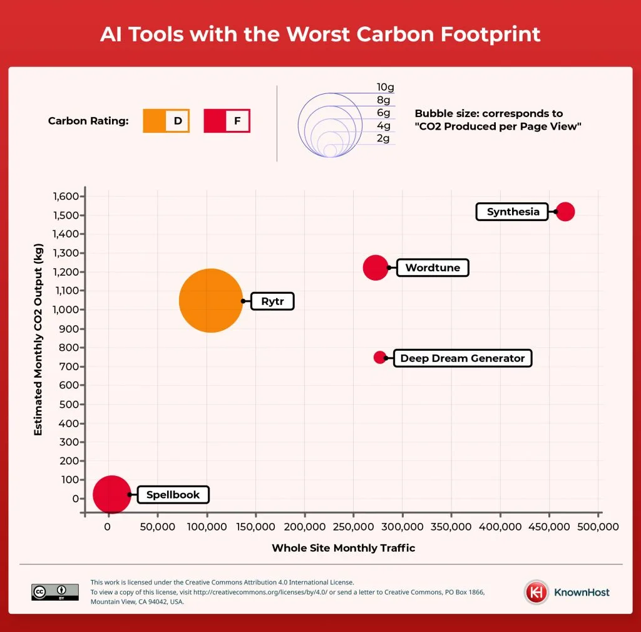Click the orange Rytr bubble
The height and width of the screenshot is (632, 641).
(210, 301)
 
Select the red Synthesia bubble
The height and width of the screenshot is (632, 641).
(565, 212)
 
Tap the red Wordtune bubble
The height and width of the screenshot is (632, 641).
(375, 267)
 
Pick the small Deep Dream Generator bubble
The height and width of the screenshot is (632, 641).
(380, 357)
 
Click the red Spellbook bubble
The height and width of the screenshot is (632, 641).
(112, 494)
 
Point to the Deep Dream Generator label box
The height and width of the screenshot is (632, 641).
(462, 358)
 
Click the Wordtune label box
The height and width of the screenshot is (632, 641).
(433, 268)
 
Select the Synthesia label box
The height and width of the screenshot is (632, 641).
(513, 212)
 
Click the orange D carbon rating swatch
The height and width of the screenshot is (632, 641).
(166, 121)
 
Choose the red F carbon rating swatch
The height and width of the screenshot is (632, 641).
(227, 121)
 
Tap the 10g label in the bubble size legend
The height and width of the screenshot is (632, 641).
(385, 87)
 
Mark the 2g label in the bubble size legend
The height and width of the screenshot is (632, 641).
(383, 138)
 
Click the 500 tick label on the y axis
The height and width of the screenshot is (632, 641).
(69, 404)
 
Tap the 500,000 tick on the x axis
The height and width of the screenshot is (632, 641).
(599, 527)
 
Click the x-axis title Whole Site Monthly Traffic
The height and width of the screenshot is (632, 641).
(343, 548)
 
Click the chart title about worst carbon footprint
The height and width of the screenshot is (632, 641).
(320, 34)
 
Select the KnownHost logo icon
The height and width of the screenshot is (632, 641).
(536, 592)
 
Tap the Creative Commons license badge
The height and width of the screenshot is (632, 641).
(55, 592)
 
